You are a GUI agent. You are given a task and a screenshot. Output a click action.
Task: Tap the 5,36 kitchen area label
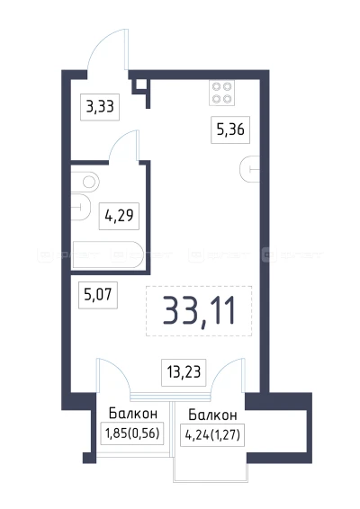(x=228, y=129)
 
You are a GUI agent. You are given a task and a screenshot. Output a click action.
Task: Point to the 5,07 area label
(x=99, y=292)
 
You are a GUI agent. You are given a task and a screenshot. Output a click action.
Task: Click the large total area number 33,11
(x=198, y=310)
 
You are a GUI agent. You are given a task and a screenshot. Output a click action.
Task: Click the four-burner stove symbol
(x=222, y=93)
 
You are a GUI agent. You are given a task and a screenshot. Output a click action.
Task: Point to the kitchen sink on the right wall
(x=252, y=169)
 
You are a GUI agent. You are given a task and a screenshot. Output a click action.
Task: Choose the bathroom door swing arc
(x=122, y=146)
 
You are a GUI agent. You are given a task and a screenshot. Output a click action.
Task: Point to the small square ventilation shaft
(x=141, y=86)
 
